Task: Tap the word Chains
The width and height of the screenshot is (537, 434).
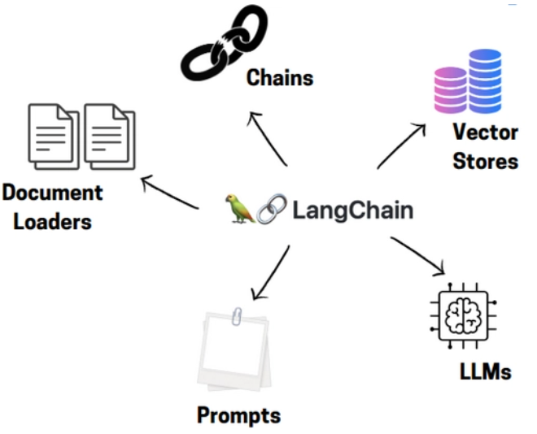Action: [280, 78]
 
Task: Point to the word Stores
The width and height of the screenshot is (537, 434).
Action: [485, 160]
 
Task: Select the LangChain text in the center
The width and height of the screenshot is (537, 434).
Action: [352, 210]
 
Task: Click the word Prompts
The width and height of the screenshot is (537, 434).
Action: [238, 415]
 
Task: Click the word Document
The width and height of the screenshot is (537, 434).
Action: [53, 193]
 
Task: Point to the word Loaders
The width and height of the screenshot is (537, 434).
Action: [46, 221]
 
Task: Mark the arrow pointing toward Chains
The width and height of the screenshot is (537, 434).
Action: [268, 139]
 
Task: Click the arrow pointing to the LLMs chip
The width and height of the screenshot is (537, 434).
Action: [418, 255]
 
